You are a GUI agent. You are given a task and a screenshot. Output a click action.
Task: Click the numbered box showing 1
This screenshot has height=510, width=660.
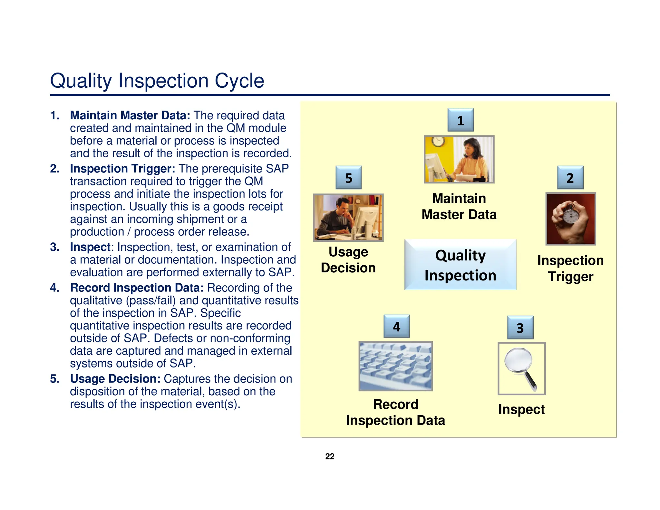[x=460, y=120]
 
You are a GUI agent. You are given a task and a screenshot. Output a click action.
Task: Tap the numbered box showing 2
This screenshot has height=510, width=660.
[x=570, y=178]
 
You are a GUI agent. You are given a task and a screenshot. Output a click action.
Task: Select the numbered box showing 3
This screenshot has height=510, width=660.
[x=520, y=328]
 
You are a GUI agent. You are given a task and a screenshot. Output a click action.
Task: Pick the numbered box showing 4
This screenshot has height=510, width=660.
[x=396, y=326]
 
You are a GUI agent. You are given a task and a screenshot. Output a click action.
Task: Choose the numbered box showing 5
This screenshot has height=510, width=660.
[x=348, y=178]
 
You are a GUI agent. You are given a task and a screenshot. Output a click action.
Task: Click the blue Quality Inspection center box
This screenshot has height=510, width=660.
[x=460, y=265]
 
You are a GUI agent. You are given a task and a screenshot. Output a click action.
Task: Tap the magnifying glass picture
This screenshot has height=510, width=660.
[x=521, y=368]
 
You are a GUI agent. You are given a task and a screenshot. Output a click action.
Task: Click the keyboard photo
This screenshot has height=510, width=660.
[x=395, y=366]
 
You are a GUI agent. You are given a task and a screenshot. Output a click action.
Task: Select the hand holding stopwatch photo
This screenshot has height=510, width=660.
[x=570, y=219]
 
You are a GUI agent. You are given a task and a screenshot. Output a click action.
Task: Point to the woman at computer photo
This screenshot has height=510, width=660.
[x=459, y=160]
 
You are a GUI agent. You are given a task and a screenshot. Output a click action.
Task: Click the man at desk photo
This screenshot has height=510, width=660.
[x=348, y=218]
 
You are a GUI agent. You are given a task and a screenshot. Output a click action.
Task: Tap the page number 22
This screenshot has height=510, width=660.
[x=330, y=456]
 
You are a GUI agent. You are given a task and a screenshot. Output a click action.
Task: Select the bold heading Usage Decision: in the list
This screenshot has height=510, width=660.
[x=115, y=379]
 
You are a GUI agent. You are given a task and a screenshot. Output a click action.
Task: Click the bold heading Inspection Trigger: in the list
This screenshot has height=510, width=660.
[x=122, y=169]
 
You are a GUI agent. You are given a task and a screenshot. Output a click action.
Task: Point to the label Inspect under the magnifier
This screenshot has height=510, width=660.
[x=521, y=409]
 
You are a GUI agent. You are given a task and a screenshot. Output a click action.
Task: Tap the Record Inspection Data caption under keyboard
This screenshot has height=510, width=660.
[x=395, y=412]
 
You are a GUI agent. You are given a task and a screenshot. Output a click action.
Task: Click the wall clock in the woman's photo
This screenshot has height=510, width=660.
[x=438, y=141]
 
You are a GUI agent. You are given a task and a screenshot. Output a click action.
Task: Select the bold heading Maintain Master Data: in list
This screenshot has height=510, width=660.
[x=130, y=115]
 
